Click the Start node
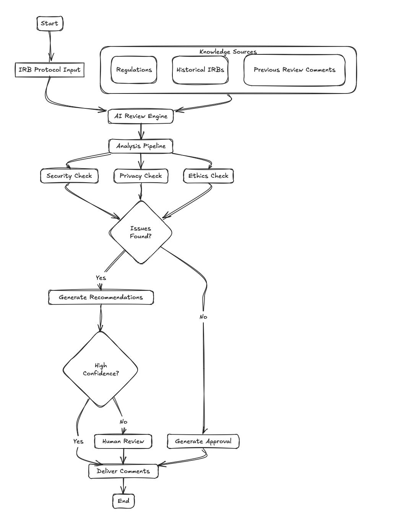pyautogui.click(x=50, y=23)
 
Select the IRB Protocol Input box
pyautogui.click(x=50, y=70)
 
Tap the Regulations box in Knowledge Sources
pyautogui.click(x=134, y=70)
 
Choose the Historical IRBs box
pyautogui.click(x=200, y=70)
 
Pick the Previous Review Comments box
pyautogui.click(x=294, y=70)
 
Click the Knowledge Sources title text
pyautogui.click(x=228, y=52)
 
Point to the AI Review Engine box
pyautogui.click(x=141, y=116)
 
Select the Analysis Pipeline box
pyautogui.click(x=141, y=146)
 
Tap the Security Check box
pyautogui.click(x=69, y=176)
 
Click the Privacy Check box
pyautogui.click(x=141, y=176)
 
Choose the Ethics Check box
pyautogui.click(x=208, y=176)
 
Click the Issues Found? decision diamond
pyautogui.click(x=141, y=232)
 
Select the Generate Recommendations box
pyautogui.click(x=101, y=297)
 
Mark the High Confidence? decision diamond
pyautogui.click(x=101, y=369)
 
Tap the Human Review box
pyautogui.click(x=123, y=441)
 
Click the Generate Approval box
pyautogui.click(x=203, y=441)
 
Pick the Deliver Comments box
pyautogui.click(x=123, y=471)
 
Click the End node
pyautogui.click(x=123, y=501)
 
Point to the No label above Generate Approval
pyautogui.click(x=203, y=317)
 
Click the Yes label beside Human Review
pyautogui.click(x=78, y=441)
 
